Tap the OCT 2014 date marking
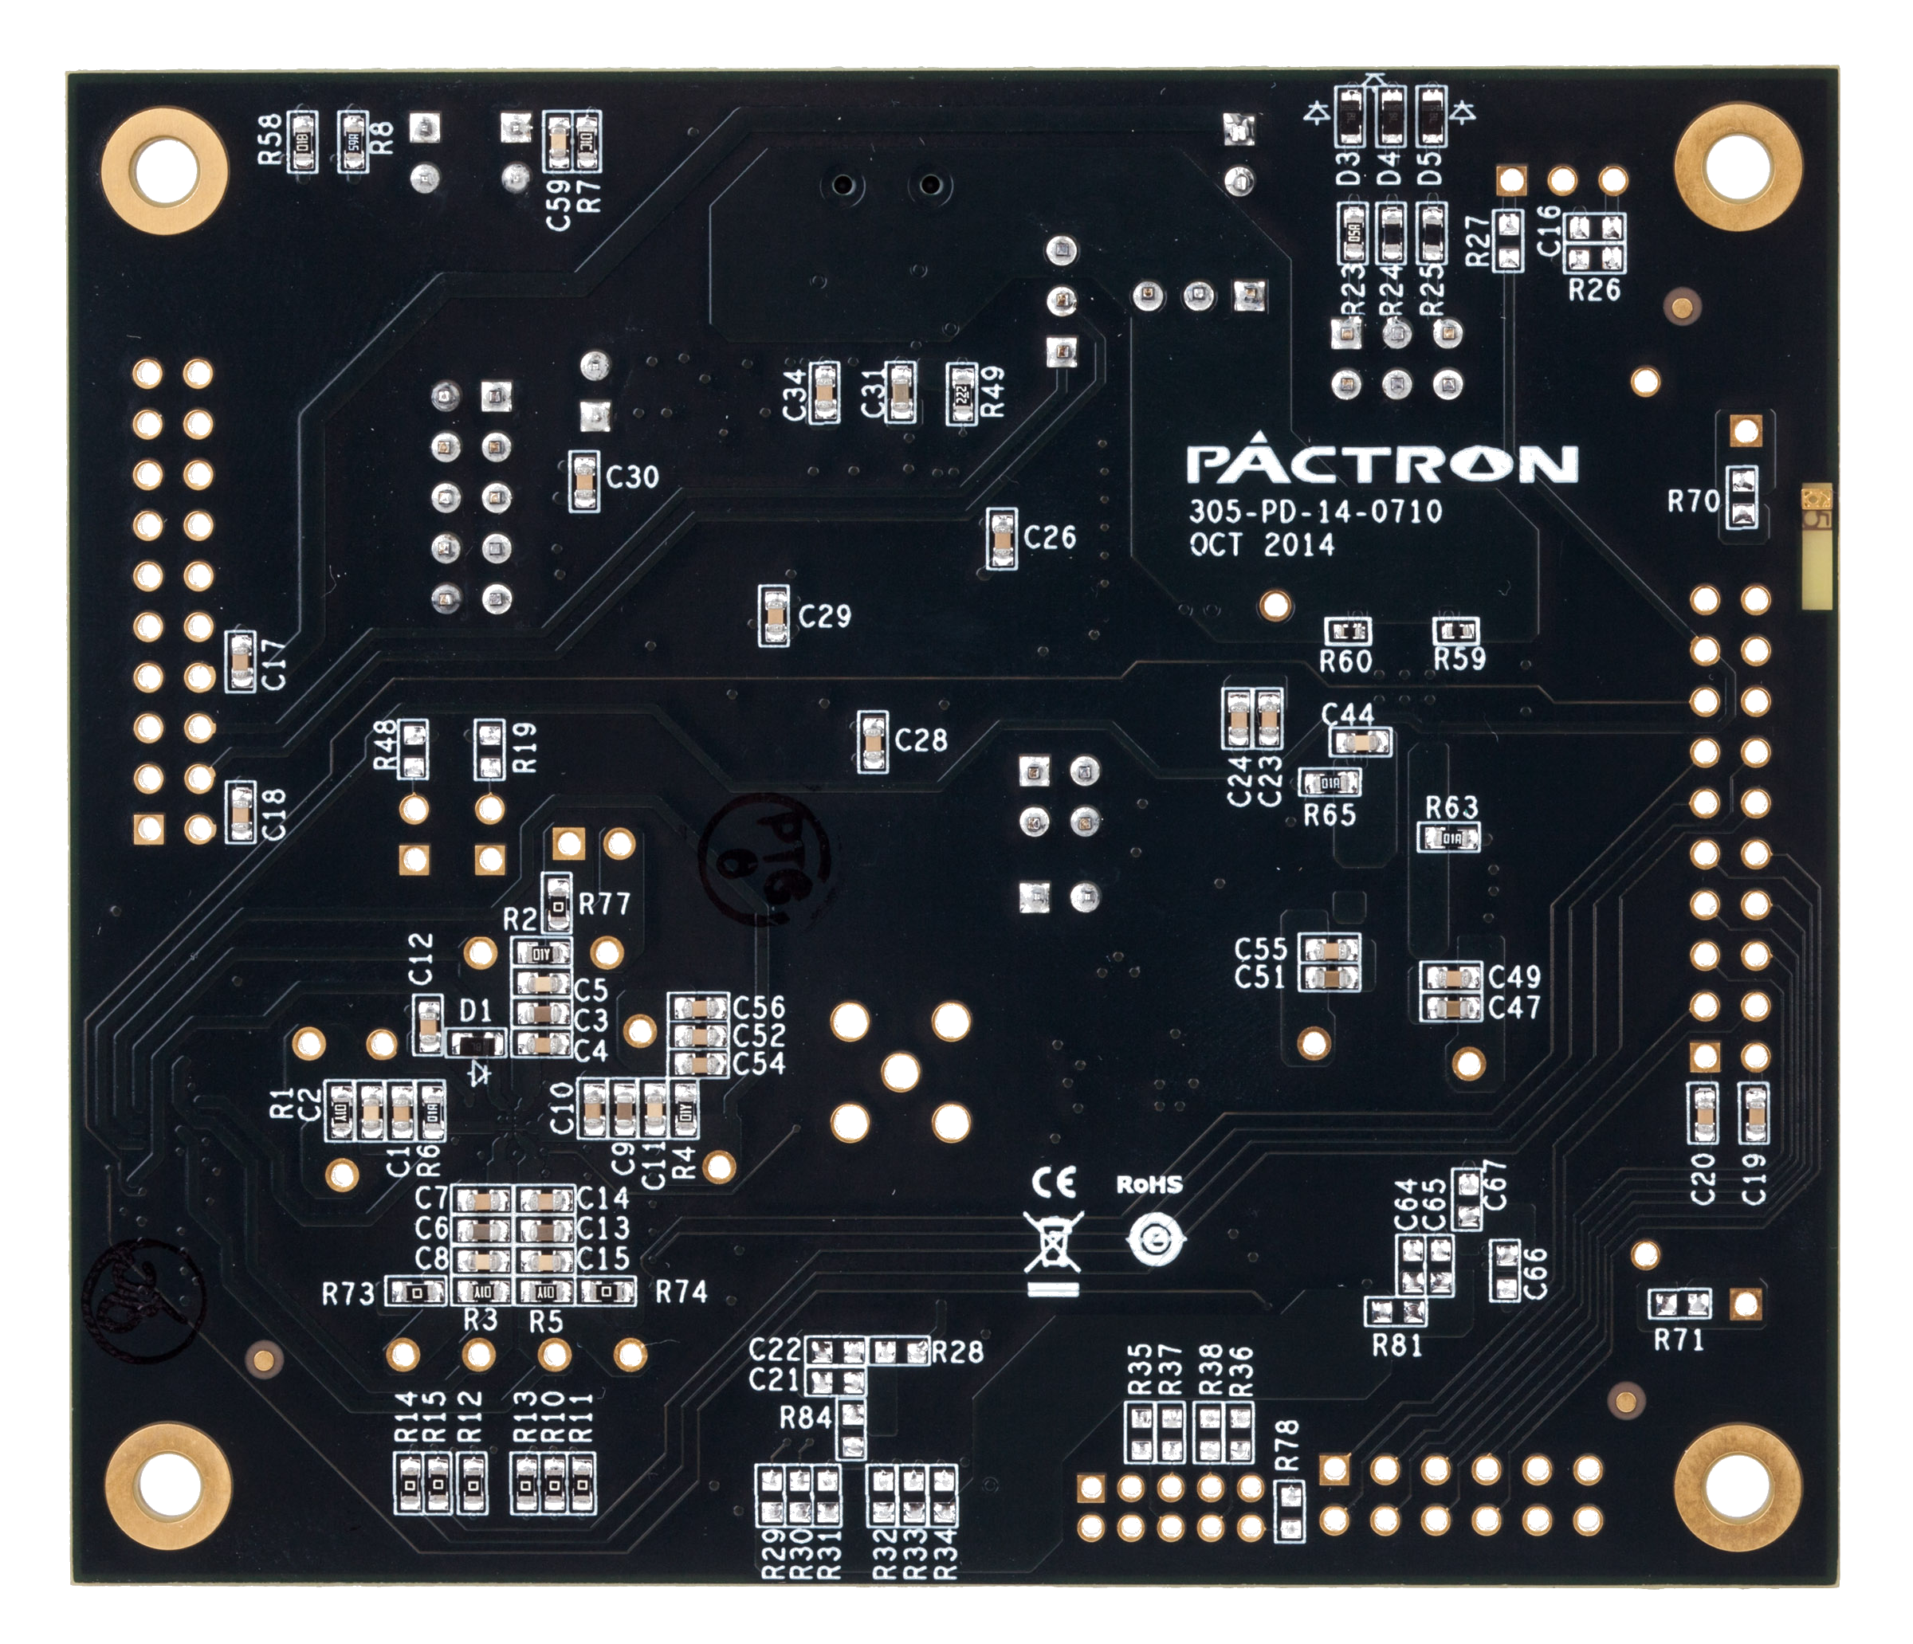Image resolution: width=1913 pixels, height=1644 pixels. tap(1261, 544)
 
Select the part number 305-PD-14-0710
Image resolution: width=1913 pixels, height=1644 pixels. tap(1314, 512)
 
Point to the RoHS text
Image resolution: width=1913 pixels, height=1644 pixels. tap(1149, 1184)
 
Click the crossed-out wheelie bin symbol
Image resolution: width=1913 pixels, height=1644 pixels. tap(1052, 1243)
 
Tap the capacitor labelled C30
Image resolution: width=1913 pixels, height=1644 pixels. tap(583, 481)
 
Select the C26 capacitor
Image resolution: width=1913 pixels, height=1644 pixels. tap(1001, 538)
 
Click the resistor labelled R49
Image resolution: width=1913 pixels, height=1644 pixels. tap(961, 392)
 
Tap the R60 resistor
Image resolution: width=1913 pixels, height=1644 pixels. tap(1348, 632)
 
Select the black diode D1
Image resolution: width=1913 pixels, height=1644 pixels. tap(476, 1045)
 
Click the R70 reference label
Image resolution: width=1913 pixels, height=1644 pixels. tap(1692, 502)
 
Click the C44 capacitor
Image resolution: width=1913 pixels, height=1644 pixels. tap(1360, 740)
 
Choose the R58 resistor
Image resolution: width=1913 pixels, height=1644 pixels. tap(302, 141)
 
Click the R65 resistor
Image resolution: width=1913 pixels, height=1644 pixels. tap(1330, 783)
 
